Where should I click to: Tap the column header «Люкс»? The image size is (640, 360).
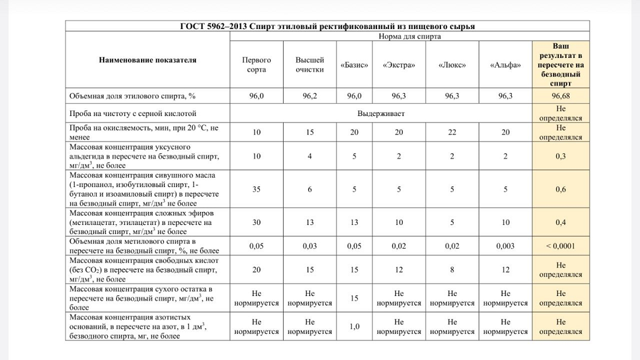(452, 65)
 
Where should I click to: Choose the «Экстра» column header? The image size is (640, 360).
(395, 65)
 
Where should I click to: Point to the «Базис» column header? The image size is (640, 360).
(354, 65)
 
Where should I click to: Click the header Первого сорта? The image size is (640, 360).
(256, 65)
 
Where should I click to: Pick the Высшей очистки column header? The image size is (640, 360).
(309, 65)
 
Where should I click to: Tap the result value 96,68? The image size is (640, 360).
(560, 95)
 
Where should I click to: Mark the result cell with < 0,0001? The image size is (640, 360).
(560, 246)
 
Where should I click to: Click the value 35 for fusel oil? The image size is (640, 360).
(256, 189)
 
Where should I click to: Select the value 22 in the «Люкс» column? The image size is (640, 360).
(452, 132)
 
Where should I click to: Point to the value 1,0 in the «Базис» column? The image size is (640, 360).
(354, 326)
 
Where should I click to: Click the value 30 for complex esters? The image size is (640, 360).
(256, 222)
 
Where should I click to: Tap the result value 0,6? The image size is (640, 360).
(560, 189)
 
